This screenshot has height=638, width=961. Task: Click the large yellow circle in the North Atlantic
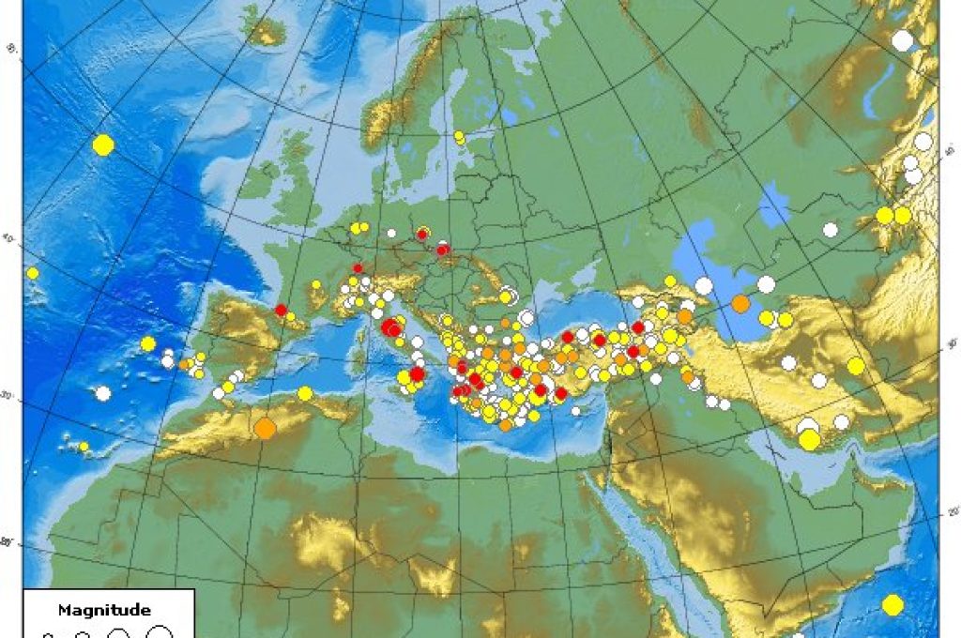click(103, 144)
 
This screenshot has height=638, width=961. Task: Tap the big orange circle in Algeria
click(265, 429)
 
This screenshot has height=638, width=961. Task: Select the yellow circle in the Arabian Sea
click(892, 605)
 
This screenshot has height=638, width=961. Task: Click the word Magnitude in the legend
click(103, 610)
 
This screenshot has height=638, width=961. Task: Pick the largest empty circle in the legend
click(160, 631)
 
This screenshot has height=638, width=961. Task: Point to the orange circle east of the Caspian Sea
click(740, 303)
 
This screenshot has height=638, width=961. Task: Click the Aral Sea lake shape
click(774, 204)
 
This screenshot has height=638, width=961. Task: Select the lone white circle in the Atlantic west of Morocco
click(103, 393)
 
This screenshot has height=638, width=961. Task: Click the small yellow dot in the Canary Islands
click(84, 447)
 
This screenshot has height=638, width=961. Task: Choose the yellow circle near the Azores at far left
click(33, 273)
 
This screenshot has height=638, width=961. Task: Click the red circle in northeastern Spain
click(281, 310)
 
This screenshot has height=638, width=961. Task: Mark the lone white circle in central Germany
click(390, 233)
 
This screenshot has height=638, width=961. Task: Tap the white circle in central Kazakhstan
click(830, 229)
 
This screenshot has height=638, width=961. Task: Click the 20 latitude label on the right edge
click(953, 512)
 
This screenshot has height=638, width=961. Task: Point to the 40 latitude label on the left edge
click(9, 240)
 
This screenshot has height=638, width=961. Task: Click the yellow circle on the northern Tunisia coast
click(304, 393)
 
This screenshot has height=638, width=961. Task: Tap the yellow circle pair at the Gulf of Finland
click(459, 138)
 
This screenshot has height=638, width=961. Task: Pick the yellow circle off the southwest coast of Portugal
click(147, 343)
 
